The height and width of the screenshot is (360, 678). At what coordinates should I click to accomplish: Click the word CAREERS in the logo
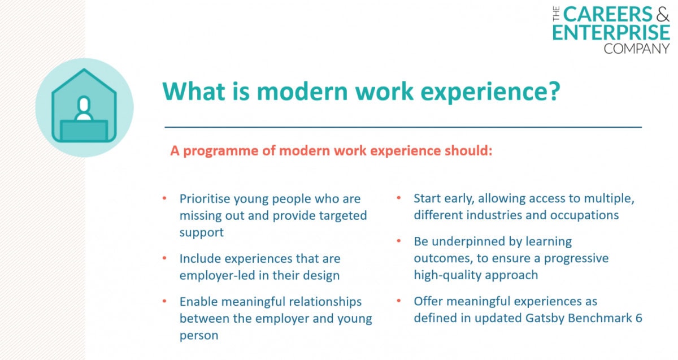[607, 14]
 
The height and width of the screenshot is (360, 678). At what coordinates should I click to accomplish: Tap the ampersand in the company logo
[663, 14]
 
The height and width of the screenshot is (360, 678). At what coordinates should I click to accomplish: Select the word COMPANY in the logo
[637, 49]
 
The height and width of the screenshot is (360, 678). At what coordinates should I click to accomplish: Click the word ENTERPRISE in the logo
[611, 32]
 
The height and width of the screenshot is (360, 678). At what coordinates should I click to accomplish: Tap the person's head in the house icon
[84, 105]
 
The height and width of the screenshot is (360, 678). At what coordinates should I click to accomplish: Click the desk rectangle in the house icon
[84, 131]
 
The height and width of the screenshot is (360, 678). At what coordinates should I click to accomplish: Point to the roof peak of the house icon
[84, 70]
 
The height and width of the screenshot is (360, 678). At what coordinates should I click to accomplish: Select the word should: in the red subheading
[468, 150]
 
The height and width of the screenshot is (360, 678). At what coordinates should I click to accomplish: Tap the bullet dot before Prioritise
[164, 198]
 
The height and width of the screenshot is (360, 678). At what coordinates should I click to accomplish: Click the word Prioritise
[205, 199]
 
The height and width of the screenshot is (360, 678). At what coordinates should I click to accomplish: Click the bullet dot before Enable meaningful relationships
[164, 301]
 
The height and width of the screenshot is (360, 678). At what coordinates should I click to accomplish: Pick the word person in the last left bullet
[199, 336]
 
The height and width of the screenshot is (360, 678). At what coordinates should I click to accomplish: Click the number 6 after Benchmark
[638, 318]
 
